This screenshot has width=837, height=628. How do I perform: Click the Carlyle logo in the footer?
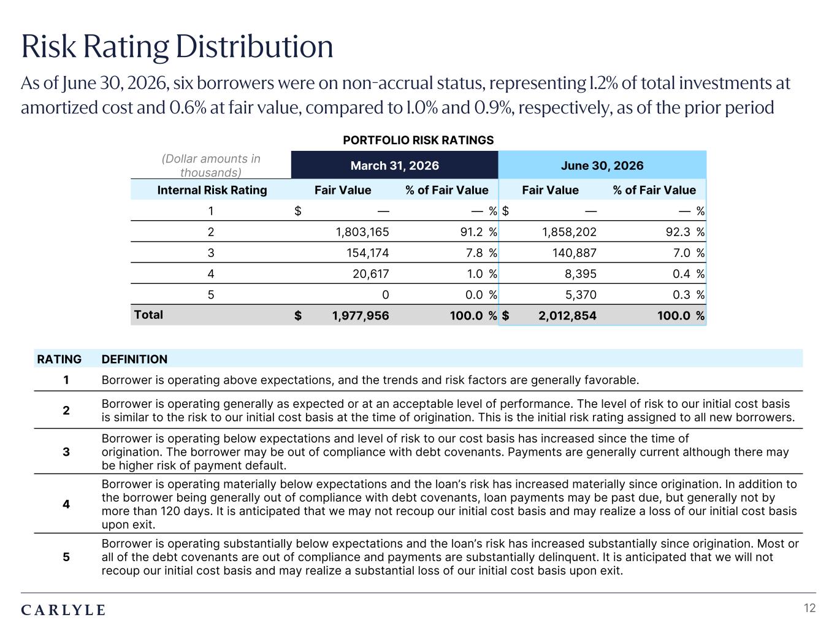[x=63, y=610]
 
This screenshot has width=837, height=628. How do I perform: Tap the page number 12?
[x=809, y=608]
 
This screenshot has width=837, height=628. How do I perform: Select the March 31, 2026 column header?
[x=394, y=165]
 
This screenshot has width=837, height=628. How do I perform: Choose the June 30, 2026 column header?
[x=602, y=165]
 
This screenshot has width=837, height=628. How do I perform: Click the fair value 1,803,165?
[x=362, y=232]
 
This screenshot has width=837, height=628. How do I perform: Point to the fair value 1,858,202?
[x=569, y=232]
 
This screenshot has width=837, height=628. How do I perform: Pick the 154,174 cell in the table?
[x=367, y=253]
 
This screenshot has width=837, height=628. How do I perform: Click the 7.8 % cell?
[x=481, y=253]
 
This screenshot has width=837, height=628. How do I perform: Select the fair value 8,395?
[x=580, y=274]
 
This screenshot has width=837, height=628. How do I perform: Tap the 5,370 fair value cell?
[x=580, y=295]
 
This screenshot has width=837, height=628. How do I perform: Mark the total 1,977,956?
[x=361, y=315]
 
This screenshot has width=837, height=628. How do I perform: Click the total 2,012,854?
[x=567, y=315]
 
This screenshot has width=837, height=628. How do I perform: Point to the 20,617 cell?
[x=370, y=274]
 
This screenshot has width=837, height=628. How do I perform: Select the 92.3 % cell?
[x=685, y=232]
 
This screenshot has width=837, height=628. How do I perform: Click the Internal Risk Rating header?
[x=212, y=190]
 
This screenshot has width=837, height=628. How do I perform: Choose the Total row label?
[x=148, y=315]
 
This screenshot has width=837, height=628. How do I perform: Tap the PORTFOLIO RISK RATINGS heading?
[x=418, y=140]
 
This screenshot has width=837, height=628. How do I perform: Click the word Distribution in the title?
[x=254, y=47]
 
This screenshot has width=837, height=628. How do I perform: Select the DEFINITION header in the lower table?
[x=134, y=359]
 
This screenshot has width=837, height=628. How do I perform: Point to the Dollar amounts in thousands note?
[x=211, y=166]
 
